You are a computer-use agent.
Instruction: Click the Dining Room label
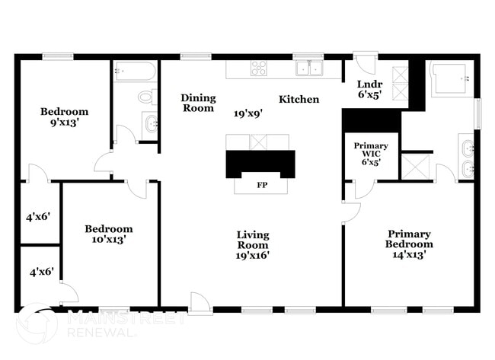tap(198, 103)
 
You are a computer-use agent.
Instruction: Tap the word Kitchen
tap(299, 100)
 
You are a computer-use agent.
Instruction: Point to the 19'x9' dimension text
tap(248, 113)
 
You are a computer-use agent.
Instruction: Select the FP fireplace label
tap(261, 185)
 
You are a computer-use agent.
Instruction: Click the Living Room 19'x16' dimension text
tap(252, 256)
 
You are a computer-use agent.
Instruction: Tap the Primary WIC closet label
tap(371, 154)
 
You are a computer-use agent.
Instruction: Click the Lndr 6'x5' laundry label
tap(370, 89)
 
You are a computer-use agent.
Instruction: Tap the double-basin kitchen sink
tap(309, 69)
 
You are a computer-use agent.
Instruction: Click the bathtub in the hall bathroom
tap(135, 72)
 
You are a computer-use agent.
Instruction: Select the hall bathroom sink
tap(150, 123)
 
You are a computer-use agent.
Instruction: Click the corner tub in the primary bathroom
tap(452, 79)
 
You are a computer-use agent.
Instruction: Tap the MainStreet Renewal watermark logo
tap(36, 323)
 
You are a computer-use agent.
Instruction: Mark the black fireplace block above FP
tap(260, 163)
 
